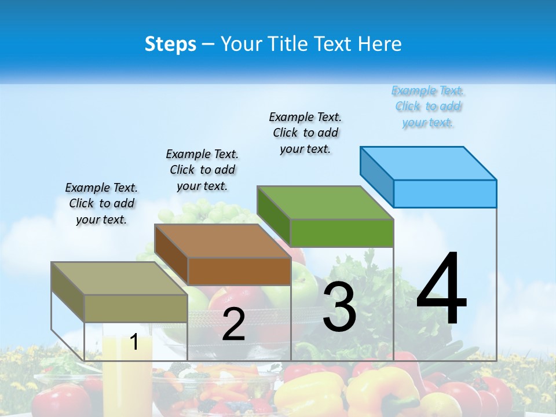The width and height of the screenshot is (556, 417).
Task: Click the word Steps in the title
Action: (170, 44)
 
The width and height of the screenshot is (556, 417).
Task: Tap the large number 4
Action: (441, 289)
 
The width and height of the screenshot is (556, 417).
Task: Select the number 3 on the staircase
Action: (339, 308)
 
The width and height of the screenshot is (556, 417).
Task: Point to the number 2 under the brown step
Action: (233, 324)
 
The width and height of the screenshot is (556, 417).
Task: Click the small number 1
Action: (134, 342)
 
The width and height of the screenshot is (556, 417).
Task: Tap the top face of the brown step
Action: (223, 241)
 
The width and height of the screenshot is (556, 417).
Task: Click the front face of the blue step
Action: (445, 193)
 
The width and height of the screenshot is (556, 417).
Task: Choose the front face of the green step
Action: (342, 233)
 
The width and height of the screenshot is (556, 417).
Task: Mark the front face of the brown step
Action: (239, 271)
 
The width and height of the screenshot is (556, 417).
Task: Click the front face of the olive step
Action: (136, 308)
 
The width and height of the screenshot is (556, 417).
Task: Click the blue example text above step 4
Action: (428, 107)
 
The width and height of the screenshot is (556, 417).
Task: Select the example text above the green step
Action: (305, 133)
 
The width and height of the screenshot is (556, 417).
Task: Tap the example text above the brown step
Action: (202, 170)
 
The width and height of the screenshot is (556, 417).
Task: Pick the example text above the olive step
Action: (101, 203)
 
